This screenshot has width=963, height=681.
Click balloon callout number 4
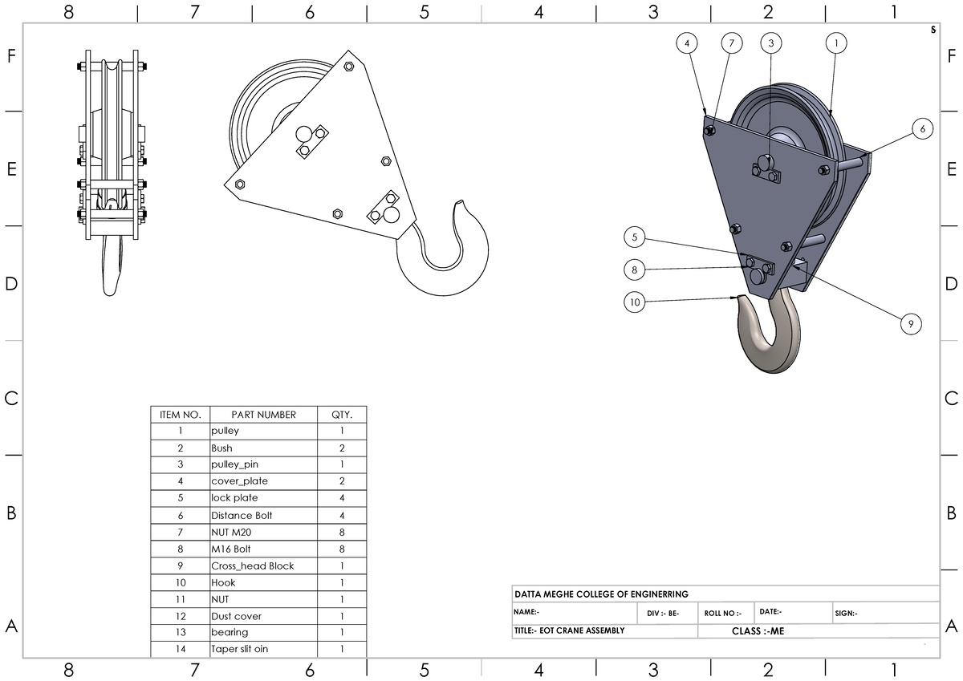(x=686, y=43)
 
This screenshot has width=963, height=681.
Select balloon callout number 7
(x=731, y=43)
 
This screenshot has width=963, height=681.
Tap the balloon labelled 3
(x=770, y=43)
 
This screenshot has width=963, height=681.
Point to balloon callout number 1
(x=836, y=43)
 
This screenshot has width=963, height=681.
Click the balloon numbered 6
(x=922, y=128)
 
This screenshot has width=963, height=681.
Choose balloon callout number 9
(x=910, y=324)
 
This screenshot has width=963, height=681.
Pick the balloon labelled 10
(x=635, y=302)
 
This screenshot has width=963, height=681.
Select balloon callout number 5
(x=635, y=237)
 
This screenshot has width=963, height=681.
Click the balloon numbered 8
(x=635, y=270)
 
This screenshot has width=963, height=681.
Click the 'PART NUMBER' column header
(x=263, y=415)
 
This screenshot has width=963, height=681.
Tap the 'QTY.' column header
(x=342, y=415)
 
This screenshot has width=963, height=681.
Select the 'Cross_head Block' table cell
(x=252, y=565)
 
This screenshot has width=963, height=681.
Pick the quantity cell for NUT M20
(x=342, y=532)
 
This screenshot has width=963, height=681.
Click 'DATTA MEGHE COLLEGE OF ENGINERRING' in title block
(x=601, y=594)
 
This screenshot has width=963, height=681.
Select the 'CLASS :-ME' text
(x=758, y=631)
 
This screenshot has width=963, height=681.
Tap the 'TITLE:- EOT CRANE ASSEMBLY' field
(x=569, y=631)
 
